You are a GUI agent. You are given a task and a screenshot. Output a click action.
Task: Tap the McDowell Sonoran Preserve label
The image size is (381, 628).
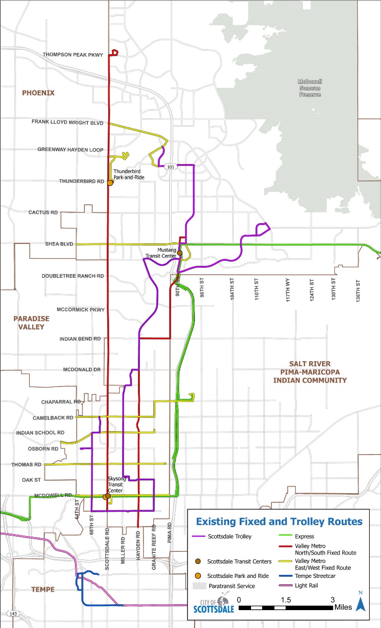click(x=310, y=88)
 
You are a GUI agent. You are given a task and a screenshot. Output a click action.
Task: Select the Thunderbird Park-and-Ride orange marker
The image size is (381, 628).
click(x=110, y=183)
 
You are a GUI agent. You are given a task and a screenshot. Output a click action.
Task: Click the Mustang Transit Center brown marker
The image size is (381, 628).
click(x=180, y=253)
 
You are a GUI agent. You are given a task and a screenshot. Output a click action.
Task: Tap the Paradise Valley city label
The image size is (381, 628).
click(x=29, y=322)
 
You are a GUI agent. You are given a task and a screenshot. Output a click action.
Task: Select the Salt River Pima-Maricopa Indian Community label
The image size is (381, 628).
click(x=310, y=372)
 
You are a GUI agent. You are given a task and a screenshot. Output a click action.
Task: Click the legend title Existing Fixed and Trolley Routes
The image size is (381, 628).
click(x=279, y=522)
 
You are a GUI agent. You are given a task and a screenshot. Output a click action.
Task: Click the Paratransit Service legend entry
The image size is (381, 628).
click(x=231, y=586)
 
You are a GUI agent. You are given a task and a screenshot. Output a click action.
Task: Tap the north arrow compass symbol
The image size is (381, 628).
click(x=361, y=602)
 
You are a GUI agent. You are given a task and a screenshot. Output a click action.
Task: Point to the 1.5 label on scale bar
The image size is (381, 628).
click(x=285, y=600)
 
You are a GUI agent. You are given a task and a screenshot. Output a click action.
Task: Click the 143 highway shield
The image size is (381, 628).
click(x=13, y=614)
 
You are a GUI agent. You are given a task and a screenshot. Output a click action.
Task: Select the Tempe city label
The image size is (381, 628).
click(x=43, y=589)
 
